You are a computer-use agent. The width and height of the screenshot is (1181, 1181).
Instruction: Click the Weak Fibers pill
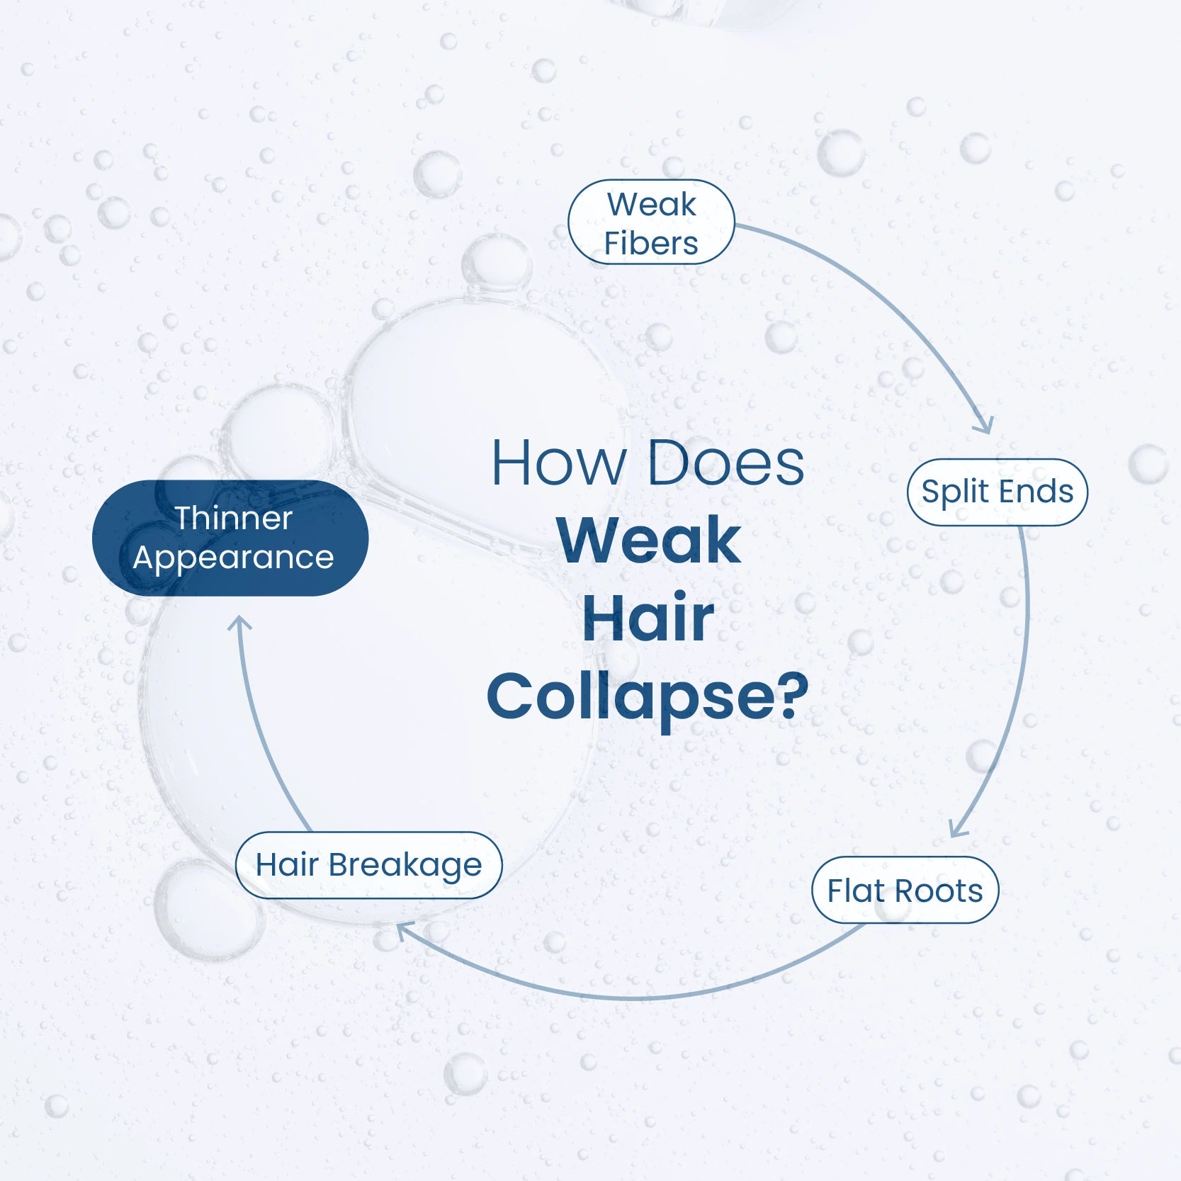pyautogui.click(x=651, y=222)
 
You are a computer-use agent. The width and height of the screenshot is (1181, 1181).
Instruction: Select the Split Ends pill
pyautogui.click(x=997, y=492)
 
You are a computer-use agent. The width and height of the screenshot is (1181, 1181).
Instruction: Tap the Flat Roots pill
pyautogui.click(x=905, y=890)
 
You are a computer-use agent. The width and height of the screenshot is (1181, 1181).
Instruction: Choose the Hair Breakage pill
pyautogui.click(x=368, y=865)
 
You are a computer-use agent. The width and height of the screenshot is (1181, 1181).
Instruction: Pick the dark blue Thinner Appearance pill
pyautogui.click(x=230, y=538)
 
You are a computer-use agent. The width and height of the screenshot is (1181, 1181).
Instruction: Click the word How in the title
pyautogui.click(x=558, y=463)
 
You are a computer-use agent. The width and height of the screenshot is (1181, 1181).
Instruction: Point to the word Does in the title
pyautogui.click(x=726, y=463)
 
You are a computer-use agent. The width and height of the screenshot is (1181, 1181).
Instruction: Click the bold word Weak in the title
pyautogui.click(x=649, y=541)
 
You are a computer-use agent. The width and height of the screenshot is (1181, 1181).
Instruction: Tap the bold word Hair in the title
pyautogui.click(x=648, y=618)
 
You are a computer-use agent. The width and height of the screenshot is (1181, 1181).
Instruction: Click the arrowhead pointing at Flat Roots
pyautogui.click(x=957, y=829)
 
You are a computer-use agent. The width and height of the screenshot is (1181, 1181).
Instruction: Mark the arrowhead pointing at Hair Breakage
pyautogui.click(x=402, y=931)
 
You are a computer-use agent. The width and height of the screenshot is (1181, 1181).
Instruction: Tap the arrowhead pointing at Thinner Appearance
pyautogui.click(x=239, y=623)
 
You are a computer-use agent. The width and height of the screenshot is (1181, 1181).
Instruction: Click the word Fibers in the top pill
pyautogui.click(x=651, y=243)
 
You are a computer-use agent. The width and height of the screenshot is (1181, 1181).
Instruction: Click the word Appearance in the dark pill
pyautogui.click(x=233, y=558)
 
